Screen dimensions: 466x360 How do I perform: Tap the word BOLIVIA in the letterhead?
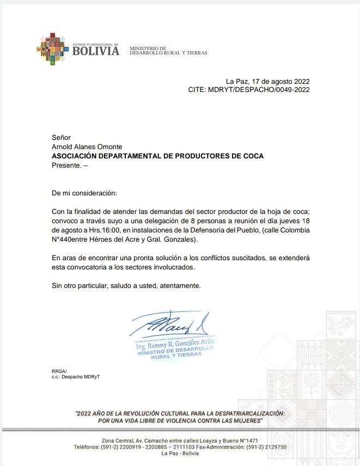(x=95, y=52)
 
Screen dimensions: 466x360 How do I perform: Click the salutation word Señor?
(x=61, y=138)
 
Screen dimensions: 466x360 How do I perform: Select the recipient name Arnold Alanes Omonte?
(x=87, y=147)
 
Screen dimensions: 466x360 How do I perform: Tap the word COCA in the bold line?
(x=252, y=156)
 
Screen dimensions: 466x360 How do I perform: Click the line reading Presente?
(x=69, y=165)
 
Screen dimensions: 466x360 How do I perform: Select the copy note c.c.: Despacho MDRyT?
(x=76, y=377)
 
